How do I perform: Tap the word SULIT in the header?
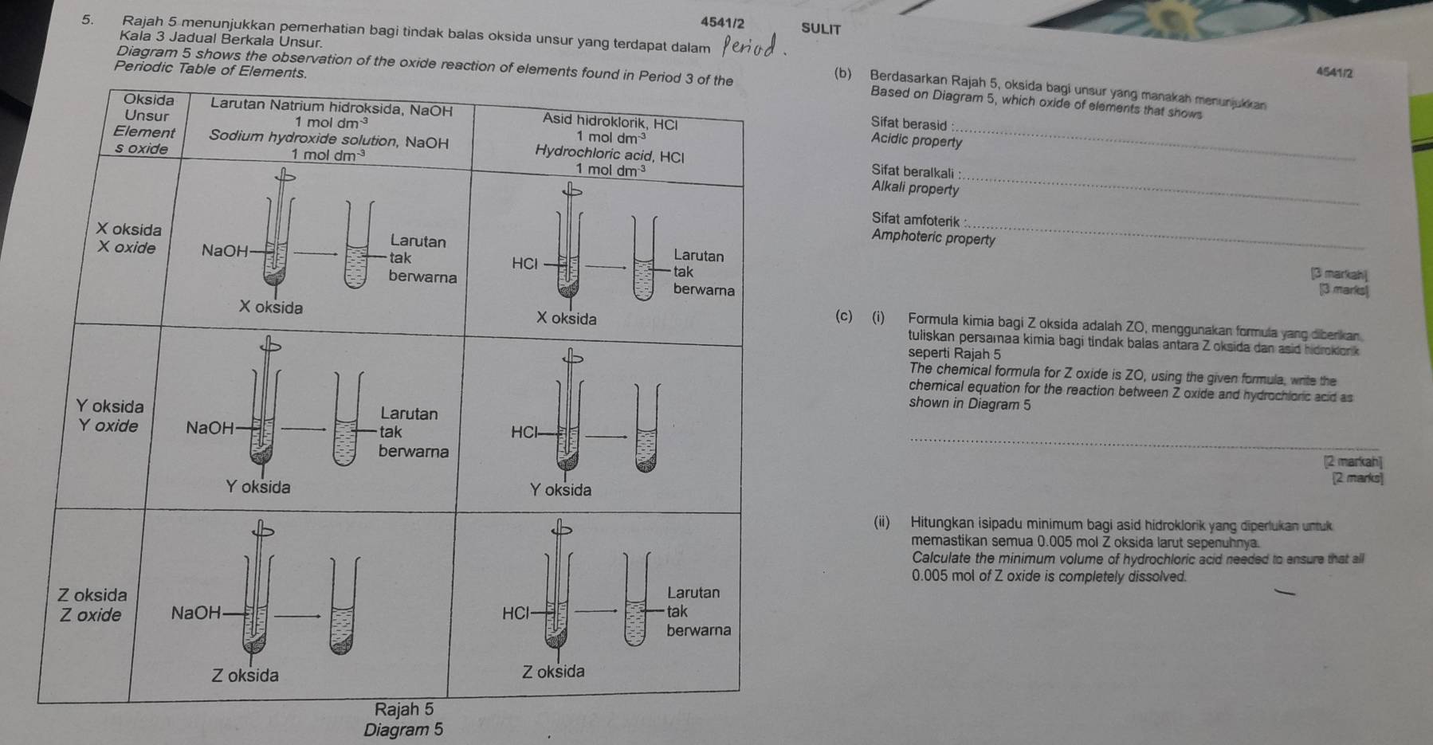821,29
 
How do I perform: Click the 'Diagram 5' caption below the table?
402,730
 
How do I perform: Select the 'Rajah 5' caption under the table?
405,708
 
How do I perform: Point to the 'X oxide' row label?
126,248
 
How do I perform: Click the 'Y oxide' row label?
108,425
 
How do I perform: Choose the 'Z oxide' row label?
91,615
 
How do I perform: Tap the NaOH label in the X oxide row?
225,251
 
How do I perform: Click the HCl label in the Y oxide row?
524,432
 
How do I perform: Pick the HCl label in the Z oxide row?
516,613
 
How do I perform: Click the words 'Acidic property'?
917,141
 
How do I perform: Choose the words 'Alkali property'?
915,189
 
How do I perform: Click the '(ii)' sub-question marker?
881,523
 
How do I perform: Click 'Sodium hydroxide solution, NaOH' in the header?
328,139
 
